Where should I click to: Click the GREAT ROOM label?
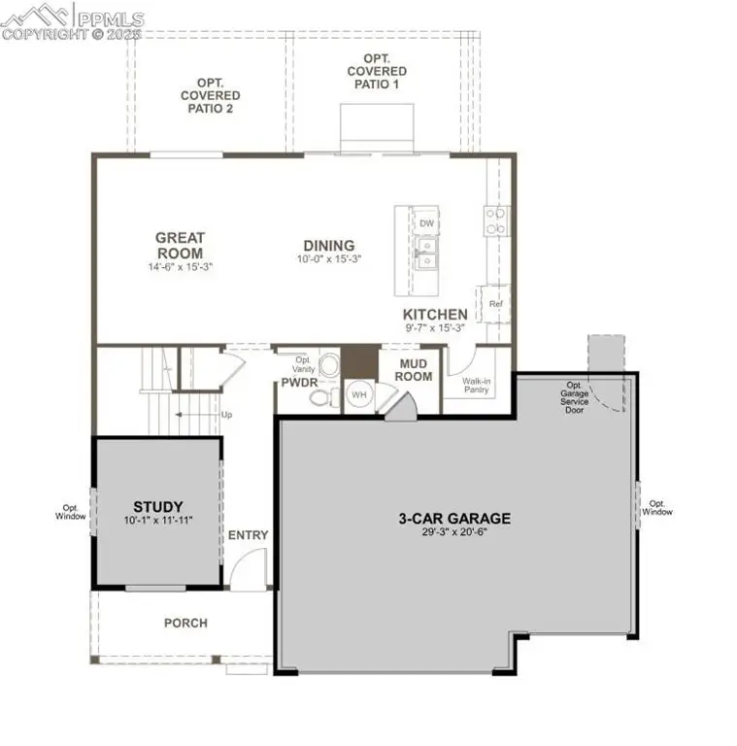coord(180,245)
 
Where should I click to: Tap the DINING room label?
coord(328,246)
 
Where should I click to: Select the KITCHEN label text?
coord(435,315)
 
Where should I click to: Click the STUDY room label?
coord(158,506)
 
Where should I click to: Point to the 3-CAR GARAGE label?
coord(454,519)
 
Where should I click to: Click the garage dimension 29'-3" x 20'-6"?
coord(454,533)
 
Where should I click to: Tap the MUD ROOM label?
coord(414,370)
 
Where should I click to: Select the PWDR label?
coord(300,383)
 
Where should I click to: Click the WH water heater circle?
coord(358,395)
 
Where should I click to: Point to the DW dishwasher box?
coord(426,222)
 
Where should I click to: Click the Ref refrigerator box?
coord(495,304)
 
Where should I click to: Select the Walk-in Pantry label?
coord(476,385)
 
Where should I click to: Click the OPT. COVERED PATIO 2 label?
coord(210,95)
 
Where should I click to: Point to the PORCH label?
coord(184,623)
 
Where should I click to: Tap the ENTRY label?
coord(248,535)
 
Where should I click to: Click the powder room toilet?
coord(330,366)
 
